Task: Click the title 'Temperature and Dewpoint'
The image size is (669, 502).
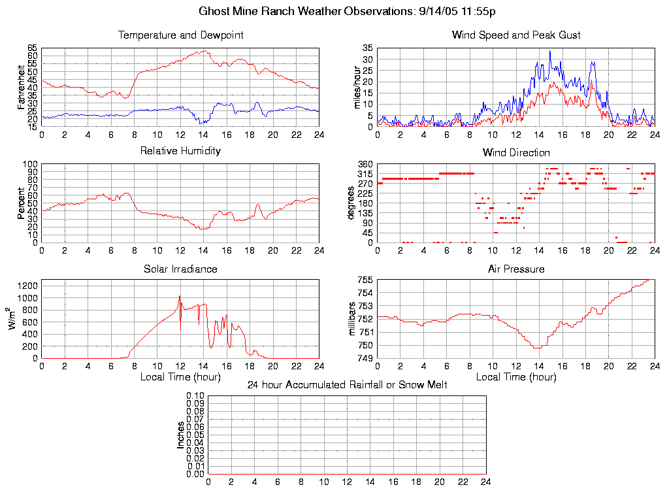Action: [180, 35]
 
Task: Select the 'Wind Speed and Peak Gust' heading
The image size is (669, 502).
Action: [516, 35]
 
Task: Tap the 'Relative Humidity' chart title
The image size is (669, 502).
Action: [180, 151]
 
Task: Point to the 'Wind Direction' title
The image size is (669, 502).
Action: [516, 153]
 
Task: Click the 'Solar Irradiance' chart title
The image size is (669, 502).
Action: [180, 269]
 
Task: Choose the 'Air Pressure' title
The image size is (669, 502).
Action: [516, 269]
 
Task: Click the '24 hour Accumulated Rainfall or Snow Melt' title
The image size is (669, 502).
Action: [347, 385]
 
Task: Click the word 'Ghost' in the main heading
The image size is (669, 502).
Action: [214, 12]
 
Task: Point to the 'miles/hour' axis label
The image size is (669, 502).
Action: [357, 87]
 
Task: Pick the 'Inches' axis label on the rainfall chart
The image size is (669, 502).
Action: [181, 435]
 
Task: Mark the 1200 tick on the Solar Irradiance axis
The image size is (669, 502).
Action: [28, 286]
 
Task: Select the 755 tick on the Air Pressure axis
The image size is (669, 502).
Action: [365, 280]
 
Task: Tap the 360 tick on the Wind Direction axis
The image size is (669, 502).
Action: [365, 164]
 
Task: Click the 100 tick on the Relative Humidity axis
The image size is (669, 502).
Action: [31, 164]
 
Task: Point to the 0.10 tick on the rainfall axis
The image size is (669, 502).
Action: [195, 395]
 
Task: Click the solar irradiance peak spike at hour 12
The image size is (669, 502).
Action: [180, 297]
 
